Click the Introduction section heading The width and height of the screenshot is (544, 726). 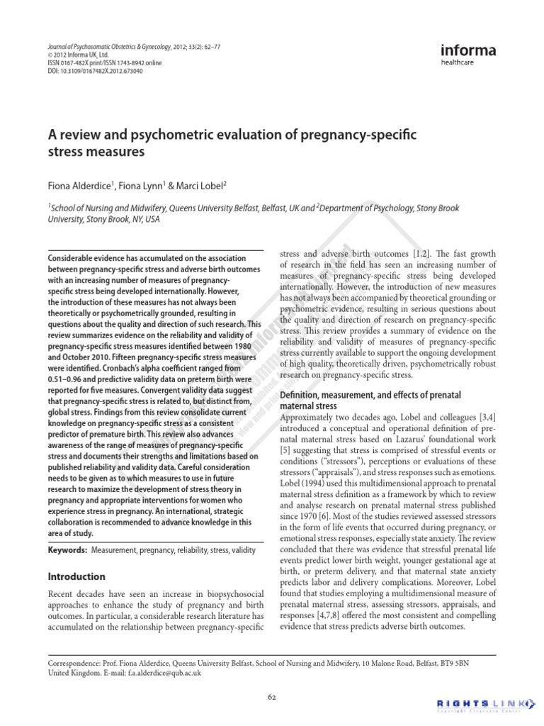coord(76,576)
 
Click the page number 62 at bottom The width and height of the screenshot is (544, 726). coord(272,696)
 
